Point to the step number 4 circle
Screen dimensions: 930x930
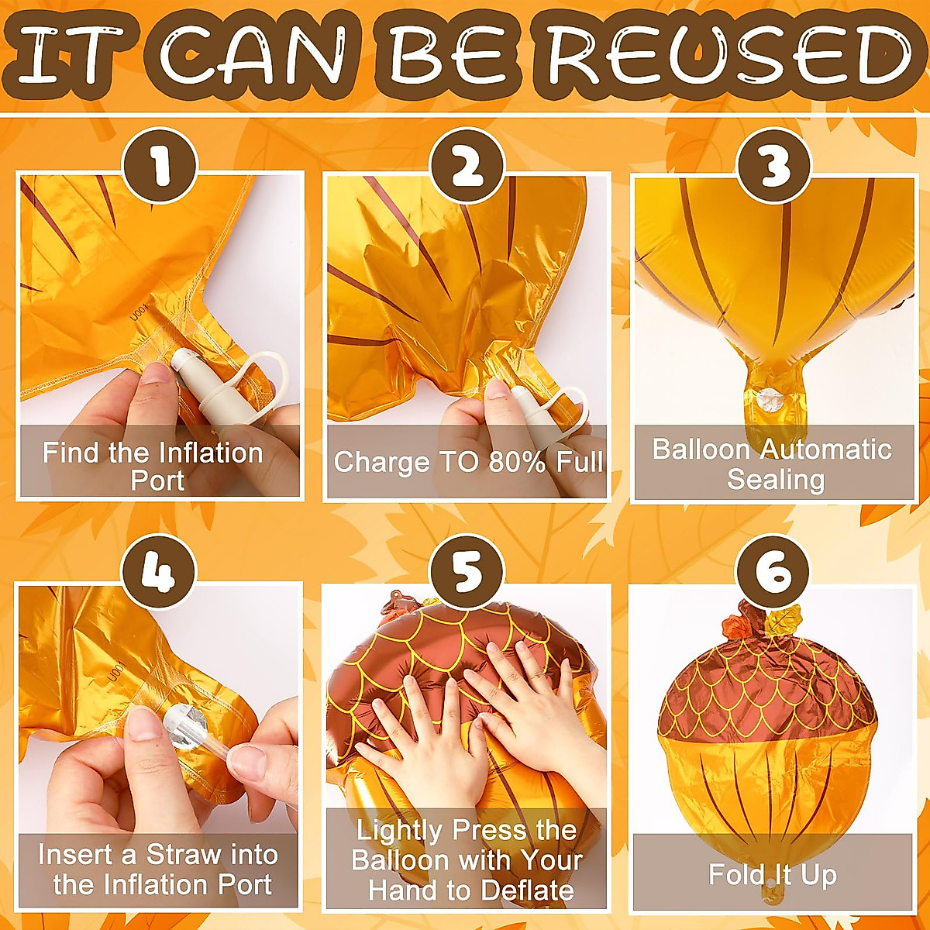coord(159,573)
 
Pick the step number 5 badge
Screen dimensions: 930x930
coord(467,573)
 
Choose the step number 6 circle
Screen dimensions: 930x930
coord(773,573)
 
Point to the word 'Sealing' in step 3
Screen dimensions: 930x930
coord(775,480)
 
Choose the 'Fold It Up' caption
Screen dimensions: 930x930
coord(773,875)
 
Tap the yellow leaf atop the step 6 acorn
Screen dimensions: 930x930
coord(784,619)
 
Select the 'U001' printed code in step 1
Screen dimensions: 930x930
coord(138,314)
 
